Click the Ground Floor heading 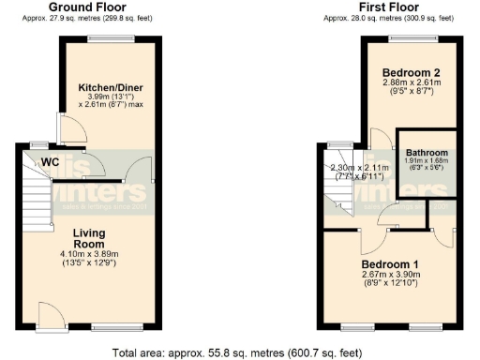[86, 7]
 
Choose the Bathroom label [426, 152]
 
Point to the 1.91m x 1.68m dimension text [426, 161]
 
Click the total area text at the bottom [239, 353]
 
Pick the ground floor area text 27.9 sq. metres [86, 18]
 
